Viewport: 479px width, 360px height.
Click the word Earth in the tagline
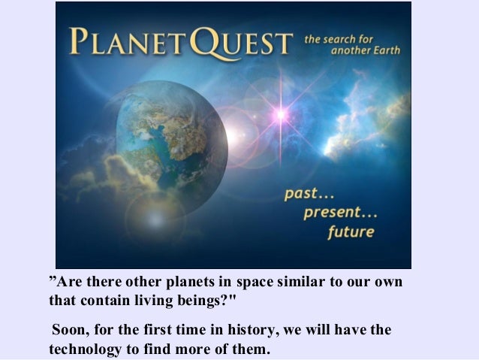(384, 51)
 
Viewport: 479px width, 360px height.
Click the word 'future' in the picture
(351, 231)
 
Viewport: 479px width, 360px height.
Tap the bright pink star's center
(281, 115)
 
